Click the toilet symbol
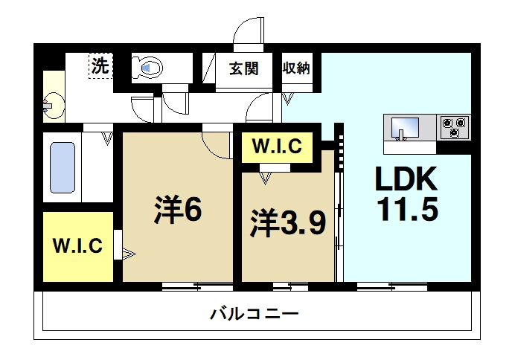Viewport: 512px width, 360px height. [x=147, y=68]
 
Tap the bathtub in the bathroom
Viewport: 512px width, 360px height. [x=63, y=167]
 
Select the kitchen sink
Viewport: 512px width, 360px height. [x=406, y=129]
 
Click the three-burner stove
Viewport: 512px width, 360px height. [x=453, y=127]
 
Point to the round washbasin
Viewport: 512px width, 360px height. [x=54, y=106]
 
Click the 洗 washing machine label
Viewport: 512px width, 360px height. [x=100, y=66]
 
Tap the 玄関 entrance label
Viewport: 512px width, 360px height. [x=243, y=68]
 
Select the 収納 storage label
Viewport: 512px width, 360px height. [x=296, y=68]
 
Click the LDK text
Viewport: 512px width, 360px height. [x=406, y=179]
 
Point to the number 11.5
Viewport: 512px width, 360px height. [x=407, y=209]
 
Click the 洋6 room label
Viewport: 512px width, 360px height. [x=179, y=209]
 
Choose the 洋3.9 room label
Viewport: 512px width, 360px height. [x=288, y=224]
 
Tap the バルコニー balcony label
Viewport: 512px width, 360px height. [x=254, y=315]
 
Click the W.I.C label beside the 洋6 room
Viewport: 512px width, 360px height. [x=77, y=245]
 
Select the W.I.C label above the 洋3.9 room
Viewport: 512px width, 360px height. [x=277, y=146]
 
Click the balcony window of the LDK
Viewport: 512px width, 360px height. [x=392, y=287]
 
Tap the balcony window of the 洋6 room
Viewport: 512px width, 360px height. [x=197, y=287]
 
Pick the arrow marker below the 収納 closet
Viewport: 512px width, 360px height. [x=287, y=99]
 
